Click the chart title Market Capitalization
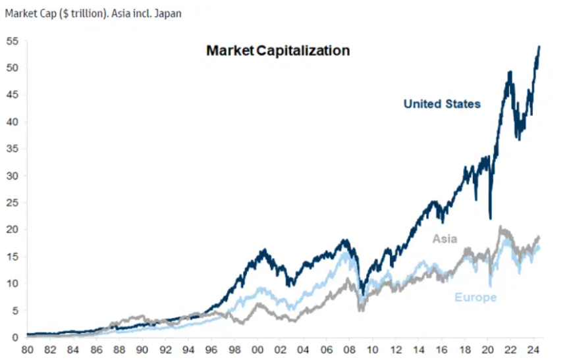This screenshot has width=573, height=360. [277, 51]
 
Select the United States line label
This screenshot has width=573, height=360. [442, 104]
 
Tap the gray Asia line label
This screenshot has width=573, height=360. [445, 239]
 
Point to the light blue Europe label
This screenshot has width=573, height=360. [475, 297]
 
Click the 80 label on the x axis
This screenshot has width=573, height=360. [27, 351]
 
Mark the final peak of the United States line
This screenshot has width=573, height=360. [540, 47]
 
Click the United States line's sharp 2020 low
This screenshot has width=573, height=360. [490, 218]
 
